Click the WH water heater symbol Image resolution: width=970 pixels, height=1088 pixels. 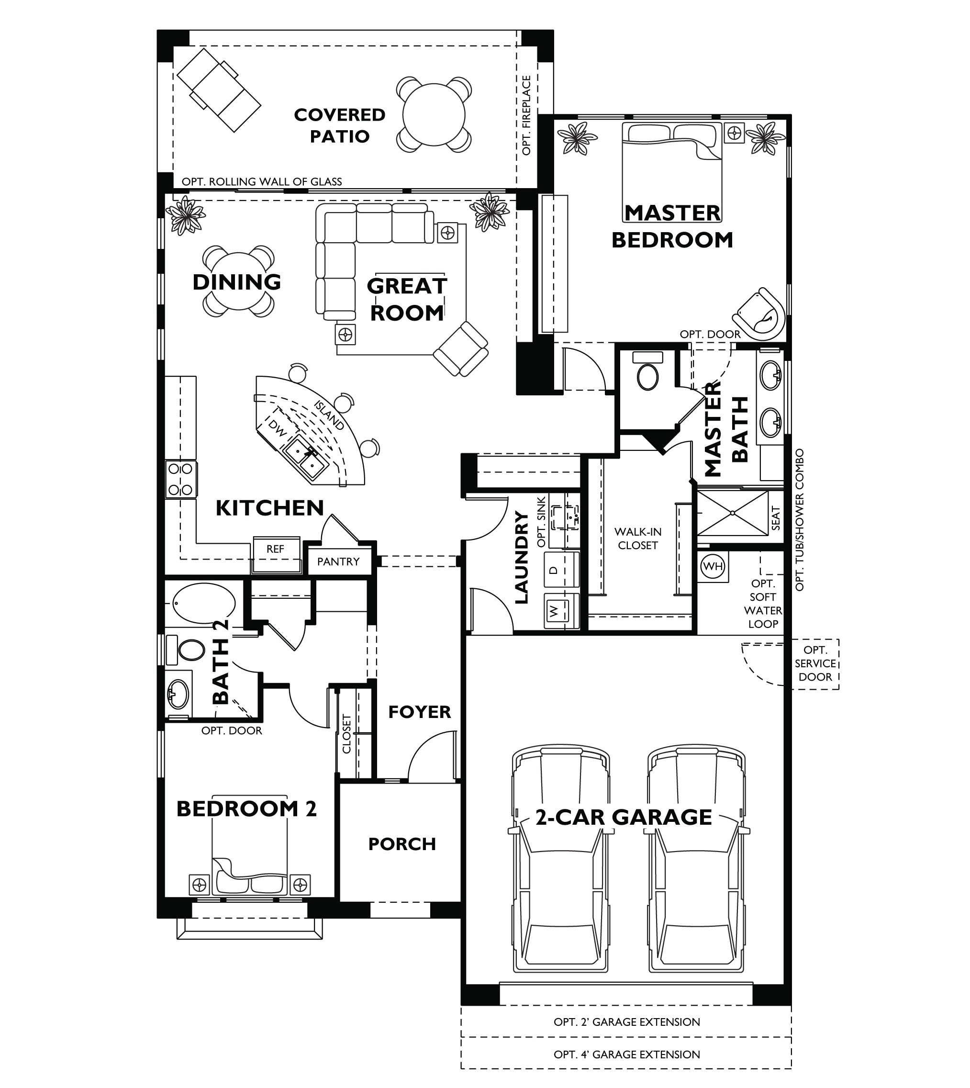[713, 566]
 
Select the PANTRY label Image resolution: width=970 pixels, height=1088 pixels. [338, 561]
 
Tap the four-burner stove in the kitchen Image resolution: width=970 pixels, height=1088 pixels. [181, 479]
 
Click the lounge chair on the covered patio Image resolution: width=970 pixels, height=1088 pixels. [219, 90]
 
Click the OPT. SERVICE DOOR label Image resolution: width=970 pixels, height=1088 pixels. [815, 664]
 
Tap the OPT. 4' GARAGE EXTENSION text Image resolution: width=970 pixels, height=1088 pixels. [626, 1054]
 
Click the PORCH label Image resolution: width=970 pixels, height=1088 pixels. [402, 844]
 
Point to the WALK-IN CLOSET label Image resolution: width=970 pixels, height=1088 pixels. [638, 538]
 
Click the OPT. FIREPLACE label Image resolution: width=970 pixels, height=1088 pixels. [526, 115]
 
